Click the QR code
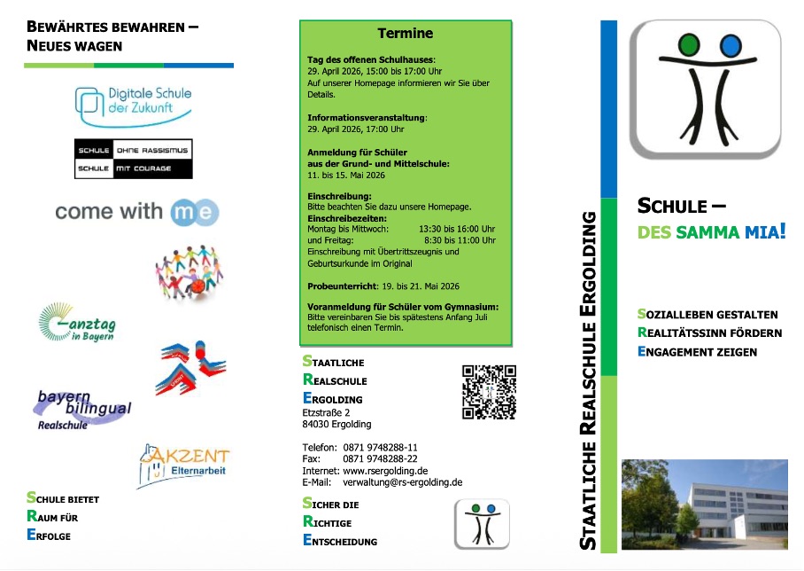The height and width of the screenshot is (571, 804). tap(489, 391)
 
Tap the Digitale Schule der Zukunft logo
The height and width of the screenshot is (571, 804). tap(134, 106)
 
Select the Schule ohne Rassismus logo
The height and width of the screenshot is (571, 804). tap(133, 159)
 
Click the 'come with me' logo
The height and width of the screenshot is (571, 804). tap(136, 211)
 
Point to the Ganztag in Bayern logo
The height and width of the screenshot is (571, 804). tap(77, 324)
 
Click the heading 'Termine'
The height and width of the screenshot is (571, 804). tap(406, 34)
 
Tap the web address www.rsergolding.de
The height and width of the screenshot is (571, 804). tap(386, 471)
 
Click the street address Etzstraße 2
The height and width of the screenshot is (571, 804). tap(327, 412)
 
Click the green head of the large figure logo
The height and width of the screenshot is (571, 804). tap(689, 44)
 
